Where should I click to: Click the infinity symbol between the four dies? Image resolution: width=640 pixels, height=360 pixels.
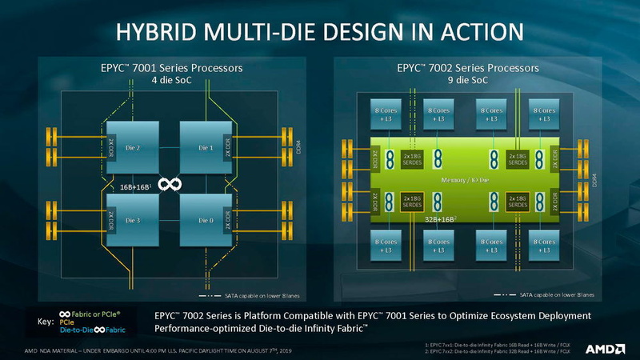tap(169, 185)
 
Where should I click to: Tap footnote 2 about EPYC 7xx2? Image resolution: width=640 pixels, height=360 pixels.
tap(496, 351)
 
